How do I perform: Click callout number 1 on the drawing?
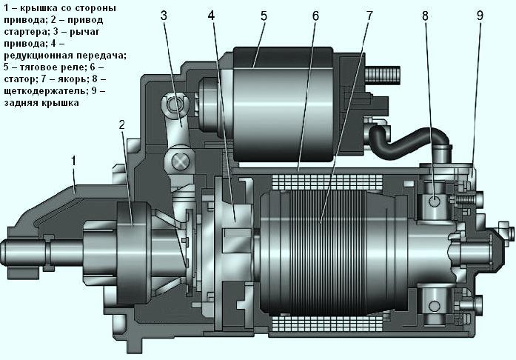[73, 159]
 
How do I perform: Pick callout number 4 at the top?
[212, 16]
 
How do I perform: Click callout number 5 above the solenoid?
[262, 16]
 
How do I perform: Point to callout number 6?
[315, 16]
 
